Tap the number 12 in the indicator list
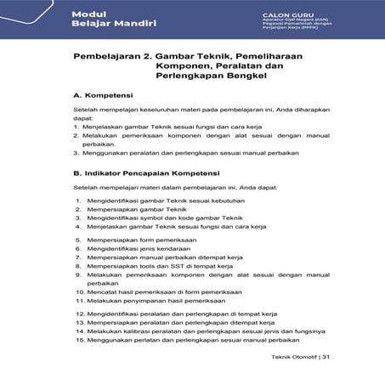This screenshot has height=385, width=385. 79,314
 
